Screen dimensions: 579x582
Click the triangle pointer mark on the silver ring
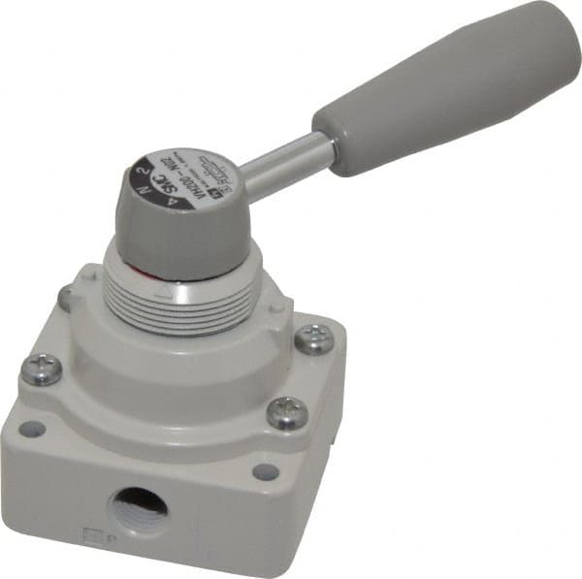171,287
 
